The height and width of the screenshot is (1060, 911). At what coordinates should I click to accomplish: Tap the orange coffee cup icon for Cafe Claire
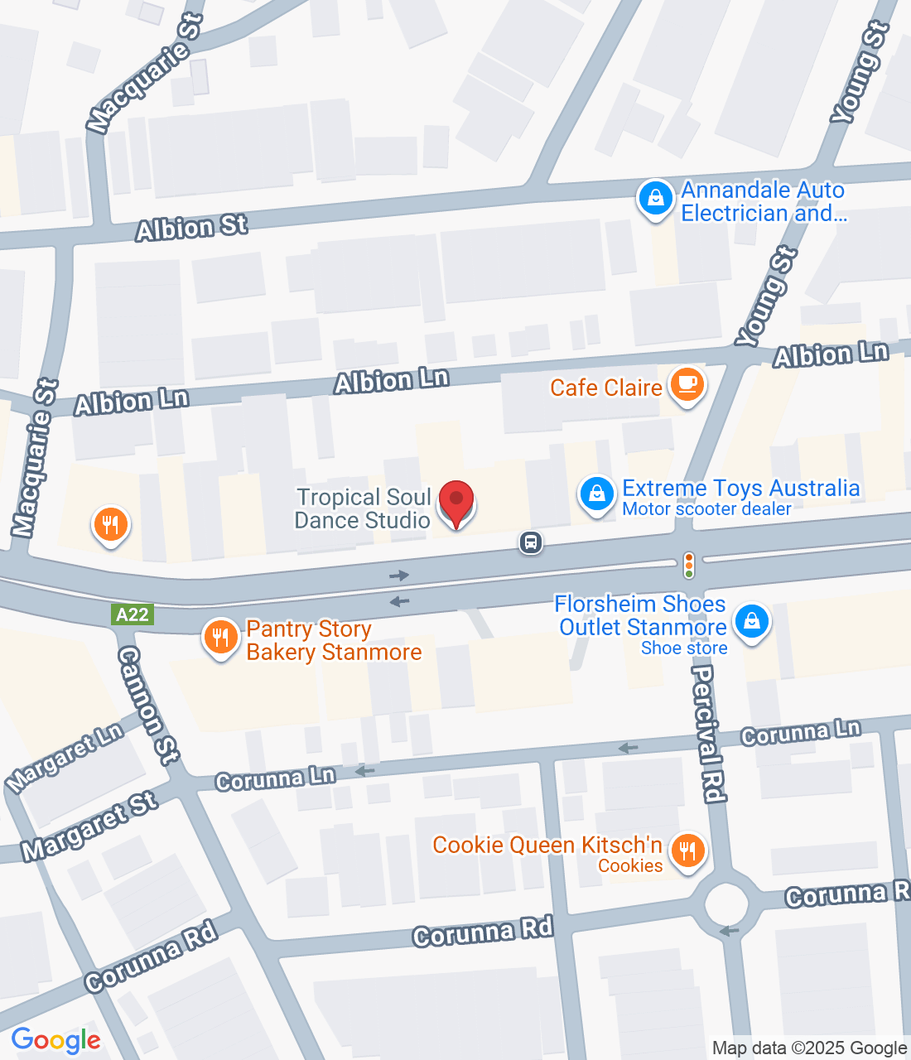(687, 385)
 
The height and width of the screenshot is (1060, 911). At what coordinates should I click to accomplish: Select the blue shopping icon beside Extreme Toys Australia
(595, 494)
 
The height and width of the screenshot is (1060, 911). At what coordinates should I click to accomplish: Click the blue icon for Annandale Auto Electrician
(655, 200)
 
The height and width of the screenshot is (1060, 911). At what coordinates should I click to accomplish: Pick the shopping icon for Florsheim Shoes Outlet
(751, 621)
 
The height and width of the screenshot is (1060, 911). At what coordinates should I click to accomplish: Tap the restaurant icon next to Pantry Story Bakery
(220, 638)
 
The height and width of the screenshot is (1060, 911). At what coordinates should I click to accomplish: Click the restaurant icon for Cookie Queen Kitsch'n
(687, 850)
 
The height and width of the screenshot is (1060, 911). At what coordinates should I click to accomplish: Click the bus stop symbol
(531, 542)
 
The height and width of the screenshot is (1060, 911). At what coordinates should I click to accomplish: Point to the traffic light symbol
(688, 565)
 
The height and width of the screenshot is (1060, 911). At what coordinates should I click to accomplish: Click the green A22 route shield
(133, 614)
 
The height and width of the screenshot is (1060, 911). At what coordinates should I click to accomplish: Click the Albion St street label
(192, 227)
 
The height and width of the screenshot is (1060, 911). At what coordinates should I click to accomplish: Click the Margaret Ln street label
(65, 757)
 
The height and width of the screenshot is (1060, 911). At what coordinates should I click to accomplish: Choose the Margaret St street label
(89, 826)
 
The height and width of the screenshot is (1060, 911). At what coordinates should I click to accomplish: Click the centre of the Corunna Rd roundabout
(726, 903)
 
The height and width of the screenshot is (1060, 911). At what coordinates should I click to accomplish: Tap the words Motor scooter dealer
(706, 509)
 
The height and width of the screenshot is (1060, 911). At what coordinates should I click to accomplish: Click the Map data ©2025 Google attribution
(809, 1048)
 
